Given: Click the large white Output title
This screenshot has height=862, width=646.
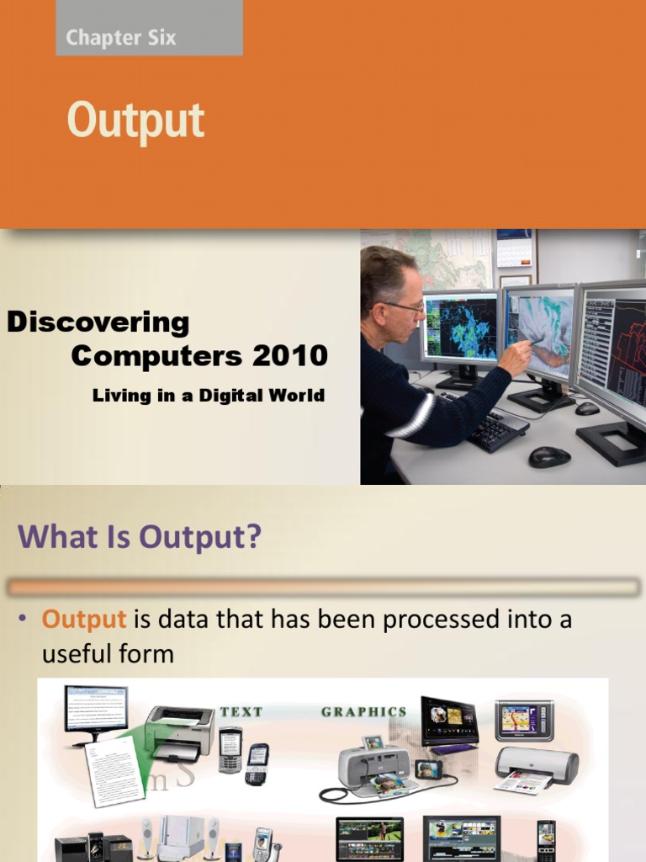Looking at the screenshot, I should coord(136,121).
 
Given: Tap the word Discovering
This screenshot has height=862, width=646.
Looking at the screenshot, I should coord(98,322).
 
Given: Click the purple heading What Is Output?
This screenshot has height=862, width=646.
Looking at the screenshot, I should coord(140,537).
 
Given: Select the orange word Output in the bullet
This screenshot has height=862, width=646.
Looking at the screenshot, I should coord(84,620).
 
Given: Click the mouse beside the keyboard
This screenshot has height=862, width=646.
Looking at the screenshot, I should coord(549,456).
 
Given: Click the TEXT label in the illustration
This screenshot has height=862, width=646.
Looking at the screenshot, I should coord(241,711).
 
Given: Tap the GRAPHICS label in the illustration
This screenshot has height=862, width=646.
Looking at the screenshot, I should coord(363,711).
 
